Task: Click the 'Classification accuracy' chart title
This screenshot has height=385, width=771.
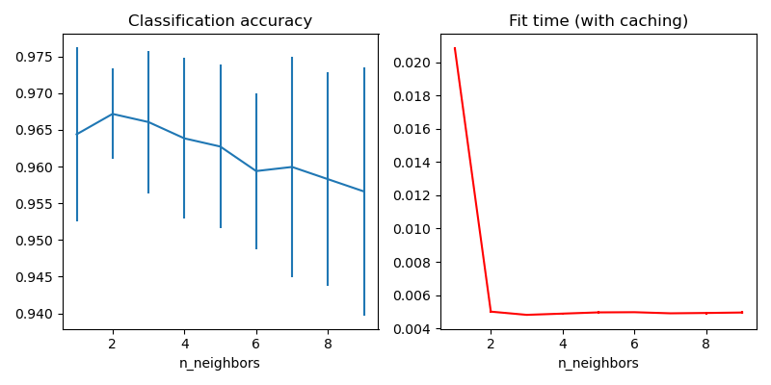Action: (220, 21)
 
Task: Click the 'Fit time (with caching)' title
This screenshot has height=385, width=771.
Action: (598, 21)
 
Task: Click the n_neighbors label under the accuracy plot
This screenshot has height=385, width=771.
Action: (220, 363)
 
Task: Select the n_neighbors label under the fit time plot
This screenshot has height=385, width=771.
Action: (598, 363)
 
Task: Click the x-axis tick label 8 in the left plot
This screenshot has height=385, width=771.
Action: (328, 343)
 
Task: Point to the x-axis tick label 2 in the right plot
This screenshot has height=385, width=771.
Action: (491, 343)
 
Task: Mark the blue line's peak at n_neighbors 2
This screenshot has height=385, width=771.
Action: (113, 114)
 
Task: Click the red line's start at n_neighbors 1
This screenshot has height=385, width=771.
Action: (455, 48)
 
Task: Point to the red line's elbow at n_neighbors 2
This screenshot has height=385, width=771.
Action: (491, 311)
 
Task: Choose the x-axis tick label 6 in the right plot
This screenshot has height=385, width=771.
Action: (634, 343)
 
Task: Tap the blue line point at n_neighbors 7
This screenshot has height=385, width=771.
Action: (292, 167)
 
